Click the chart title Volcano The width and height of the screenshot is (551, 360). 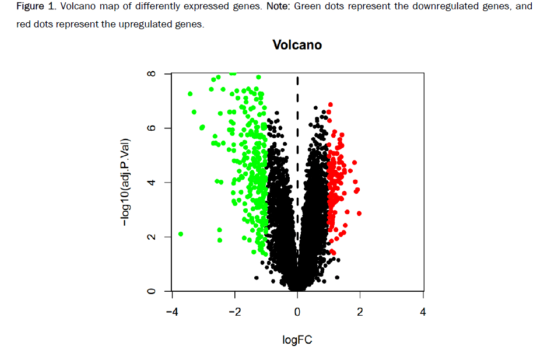[x=297, y=45]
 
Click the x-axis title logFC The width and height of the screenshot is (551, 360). [x=297, y=340]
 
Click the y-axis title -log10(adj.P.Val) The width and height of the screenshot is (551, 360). [x=125, y=183]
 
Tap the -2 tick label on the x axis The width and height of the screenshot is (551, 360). [x=234, y=312]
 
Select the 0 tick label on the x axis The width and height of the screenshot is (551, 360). [x=297, y=312]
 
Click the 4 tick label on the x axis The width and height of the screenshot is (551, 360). [x=423, y=312]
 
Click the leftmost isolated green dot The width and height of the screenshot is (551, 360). [x=181, y=234]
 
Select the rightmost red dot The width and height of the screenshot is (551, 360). [x=359, y=214]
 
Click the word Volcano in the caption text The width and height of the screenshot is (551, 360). [x=78, y=7]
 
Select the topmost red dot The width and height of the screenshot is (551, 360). [x=331, y=104]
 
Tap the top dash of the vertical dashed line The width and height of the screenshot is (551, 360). [x=297, y=81]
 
